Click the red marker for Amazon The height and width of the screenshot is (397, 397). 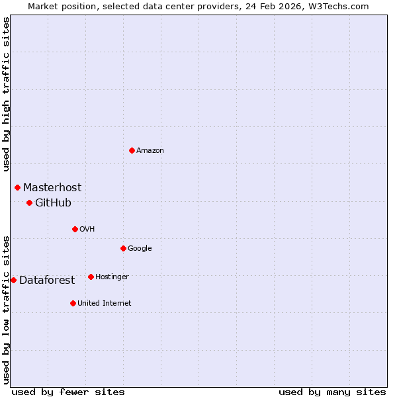tap(132, 150)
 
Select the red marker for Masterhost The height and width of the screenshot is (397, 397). tap(18, 187)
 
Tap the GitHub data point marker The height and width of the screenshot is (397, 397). tap(29, 202)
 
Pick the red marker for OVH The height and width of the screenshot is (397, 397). tap(75, 229)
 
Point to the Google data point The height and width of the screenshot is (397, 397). tap(123, 248)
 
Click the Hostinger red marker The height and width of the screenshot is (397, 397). tap(91, 277)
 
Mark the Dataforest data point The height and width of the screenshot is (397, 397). tap(13, 280)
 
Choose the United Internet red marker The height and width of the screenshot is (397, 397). tap(73, 303)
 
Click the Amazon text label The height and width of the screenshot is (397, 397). tap(150, 151)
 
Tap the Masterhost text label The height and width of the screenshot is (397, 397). tap(52, 188)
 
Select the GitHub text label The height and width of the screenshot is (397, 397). tap(53, 203)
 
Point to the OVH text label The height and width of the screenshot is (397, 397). tap(87, 230)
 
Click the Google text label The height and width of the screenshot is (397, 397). tap(140, 249)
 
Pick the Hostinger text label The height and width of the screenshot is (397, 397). tap(112, 277)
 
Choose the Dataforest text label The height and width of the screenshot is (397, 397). tap(47, 281)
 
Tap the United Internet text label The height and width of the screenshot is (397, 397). tap(105, 304)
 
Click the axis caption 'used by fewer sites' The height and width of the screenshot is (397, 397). tap(68, 392)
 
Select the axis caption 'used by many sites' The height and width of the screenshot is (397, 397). tap(332, 392)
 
